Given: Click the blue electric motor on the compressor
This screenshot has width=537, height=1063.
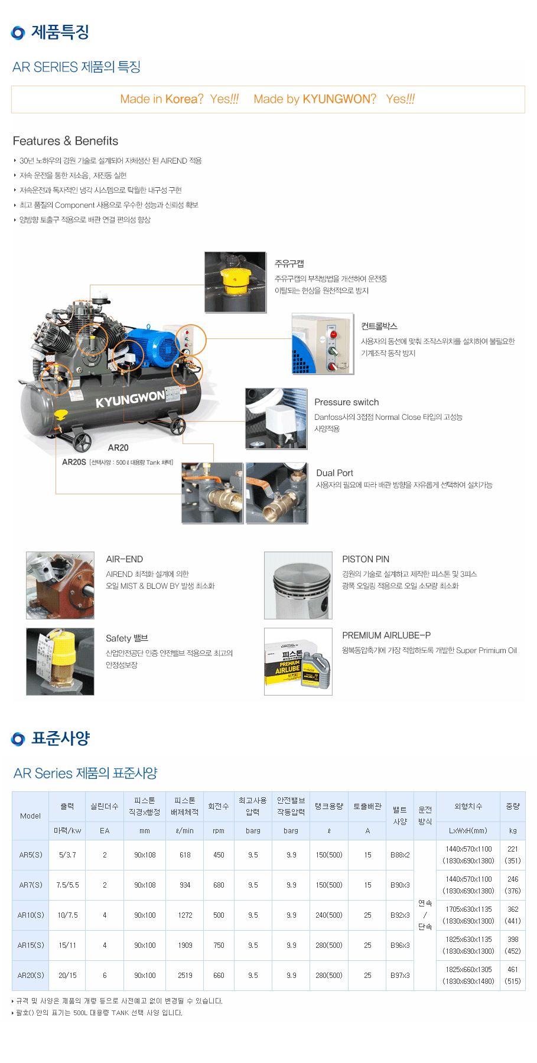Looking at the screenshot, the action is (x=152, y=347).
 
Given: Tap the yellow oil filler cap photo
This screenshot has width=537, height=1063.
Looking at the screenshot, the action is (x=235, y=282).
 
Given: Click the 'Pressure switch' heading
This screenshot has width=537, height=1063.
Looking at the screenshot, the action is (x=347, y=402).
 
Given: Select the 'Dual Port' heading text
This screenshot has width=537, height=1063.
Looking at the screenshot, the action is (x=334, y=473).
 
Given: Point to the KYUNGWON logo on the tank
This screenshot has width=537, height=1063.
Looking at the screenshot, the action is (x=130, y=399).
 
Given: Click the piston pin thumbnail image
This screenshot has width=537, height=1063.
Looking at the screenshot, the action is (x=298, y=585).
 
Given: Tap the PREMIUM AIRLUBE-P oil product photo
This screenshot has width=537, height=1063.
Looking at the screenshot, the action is (x=298, y=661).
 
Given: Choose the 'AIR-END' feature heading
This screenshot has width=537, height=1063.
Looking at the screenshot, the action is (x=125, y=559).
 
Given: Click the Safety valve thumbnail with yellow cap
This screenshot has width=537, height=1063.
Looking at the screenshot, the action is (x=60, y=661).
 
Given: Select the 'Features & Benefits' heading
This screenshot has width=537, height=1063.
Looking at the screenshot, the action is (x=66, y=141).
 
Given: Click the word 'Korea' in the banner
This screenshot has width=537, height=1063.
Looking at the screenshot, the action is (x=181, y=99).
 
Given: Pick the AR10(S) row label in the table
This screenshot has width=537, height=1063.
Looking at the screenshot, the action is (x=31, y=915).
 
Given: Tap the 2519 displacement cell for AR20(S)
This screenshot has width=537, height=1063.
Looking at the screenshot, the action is (x=185, y=976).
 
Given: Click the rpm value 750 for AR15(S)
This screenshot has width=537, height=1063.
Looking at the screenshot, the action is (x=219, y=945).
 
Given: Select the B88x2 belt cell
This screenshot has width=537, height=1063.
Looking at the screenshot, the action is (x=400, y=855).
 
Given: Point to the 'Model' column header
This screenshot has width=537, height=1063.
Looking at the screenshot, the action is (x=31, y=816).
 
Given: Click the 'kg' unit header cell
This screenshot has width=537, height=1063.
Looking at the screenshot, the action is (x=513, y=831).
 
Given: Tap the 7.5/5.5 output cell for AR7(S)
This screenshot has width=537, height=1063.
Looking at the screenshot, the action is (x=67, y=885).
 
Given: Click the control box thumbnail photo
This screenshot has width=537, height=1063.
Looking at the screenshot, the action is (x=323, y=344).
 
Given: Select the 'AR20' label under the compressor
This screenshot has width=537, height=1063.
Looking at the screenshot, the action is (x=118, y=448).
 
